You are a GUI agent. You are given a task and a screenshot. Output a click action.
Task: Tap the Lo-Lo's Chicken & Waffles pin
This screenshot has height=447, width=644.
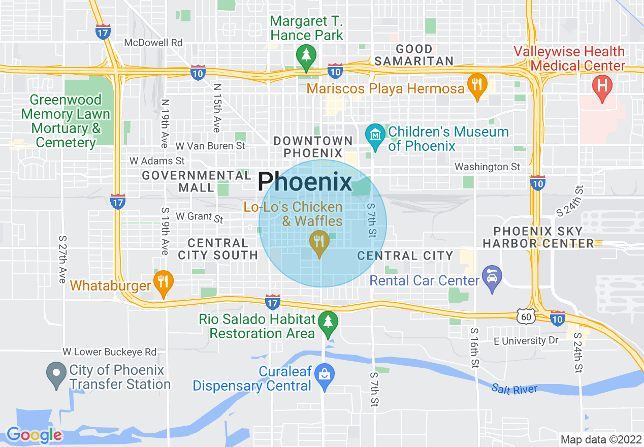click(319, 242)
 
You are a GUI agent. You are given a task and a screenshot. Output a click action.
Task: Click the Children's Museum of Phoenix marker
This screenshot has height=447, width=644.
click(375, 135)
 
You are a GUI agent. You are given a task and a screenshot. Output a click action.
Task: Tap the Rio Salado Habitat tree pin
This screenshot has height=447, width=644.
click(328, 322)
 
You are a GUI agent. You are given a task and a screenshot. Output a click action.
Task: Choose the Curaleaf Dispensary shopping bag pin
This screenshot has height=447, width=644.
click(324, 375)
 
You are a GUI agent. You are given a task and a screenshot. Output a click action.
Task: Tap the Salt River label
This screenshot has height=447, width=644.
click(514, 389)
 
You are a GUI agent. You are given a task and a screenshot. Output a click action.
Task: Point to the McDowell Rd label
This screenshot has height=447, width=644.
click(153, 43)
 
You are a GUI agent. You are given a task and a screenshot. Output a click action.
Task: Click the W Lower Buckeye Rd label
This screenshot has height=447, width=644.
click(110, 352)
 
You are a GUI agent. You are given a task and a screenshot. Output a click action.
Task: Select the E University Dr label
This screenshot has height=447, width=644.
click(526, 341)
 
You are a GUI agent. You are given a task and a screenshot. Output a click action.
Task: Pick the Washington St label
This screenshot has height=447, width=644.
click(488, 167)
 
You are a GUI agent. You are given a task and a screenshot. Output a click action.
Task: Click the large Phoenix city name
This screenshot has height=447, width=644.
click(305, 182)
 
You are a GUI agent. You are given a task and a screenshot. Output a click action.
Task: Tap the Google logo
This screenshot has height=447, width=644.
click(34, 435)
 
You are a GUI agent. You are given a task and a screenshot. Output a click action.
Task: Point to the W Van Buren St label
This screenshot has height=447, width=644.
click(210, 146)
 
